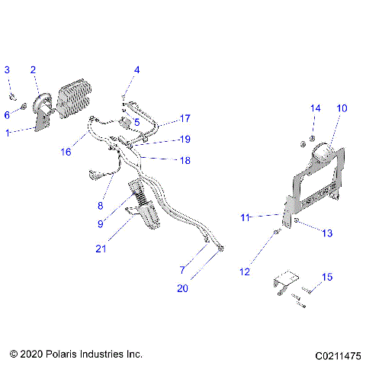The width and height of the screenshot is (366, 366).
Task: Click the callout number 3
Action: click(8, 70)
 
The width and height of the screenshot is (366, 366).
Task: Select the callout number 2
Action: click(33, 70)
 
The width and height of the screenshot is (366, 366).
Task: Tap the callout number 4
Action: click(136, 70)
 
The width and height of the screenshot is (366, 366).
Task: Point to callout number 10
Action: click(341, 108)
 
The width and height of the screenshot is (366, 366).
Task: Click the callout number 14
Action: click(315, 108)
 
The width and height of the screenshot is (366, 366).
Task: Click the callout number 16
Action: click(67, 152)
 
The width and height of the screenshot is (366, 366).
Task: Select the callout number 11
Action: click(245, 218)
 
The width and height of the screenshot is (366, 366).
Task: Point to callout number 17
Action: click(185, 118)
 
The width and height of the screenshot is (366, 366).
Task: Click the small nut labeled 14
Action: click(303, 143)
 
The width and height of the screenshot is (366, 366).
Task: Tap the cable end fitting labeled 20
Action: click(220, 249)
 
